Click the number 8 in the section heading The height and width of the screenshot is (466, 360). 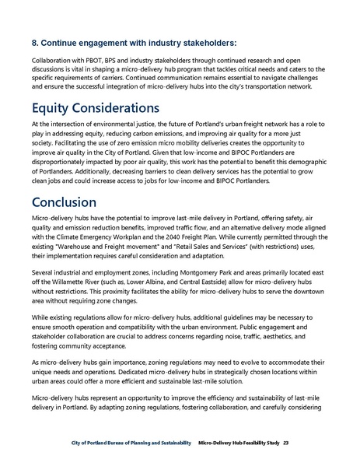pos(35,42)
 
